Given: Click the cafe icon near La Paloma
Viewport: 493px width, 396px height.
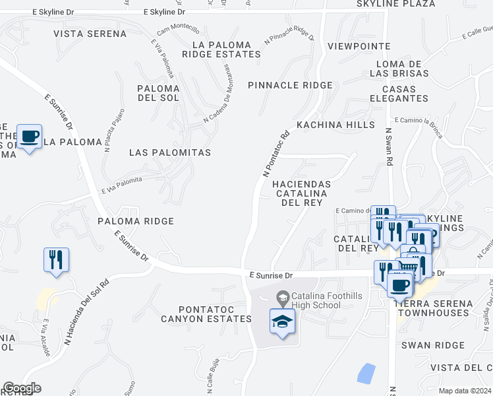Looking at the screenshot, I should click(29, 137).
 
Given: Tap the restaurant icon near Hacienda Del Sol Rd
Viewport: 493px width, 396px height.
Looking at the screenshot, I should click(56, 259).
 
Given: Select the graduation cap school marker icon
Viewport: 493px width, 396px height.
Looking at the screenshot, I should click(283, 321).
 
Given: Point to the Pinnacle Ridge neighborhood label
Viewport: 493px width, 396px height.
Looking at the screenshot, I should click(291, 85).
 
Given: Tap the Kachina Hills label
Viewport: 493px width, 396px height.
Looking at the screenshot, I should click(335, 125).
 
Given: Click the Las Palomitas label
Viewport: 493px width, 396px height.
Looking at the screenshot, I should click(170, 152).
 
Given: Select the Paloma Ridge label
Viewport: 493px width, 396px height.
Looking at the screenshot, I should click(136, 221).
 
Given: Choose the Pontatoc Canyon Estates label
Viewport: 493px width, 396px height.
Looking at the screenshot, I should click(206, 314).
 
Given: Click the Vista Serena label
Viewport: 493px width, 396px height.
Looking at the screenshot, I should click(90, 34).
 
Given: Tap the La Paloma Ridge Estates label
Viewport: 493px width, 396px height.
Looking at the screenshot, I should click(226, 49).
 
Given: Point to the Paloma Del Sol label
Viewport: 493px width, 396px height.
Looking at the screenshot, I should click(158, 93).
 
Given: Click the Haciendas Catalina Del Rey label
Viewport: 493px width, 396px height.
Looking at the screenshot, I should click(301, 193).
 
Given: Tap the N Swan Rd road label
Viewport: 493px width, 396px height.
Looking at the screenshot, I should click(389, 147).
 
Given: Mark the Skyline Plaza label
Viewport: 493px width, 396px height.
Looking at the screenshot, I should click(405, 4).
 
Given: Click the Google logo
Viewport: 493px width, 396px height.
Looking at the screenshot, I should click(22, 388).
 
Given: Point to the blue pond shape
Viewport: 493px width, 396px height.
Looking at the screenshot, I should click(366, 374).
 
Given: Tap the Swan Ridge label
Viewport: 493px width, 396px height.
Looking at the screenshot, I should click(433, 345).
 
